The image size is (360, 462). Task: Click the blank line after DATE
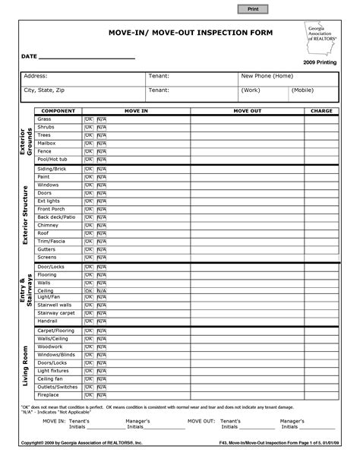pyautogui.click(x=87, y=57)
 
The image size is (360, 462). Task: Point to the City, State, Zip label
pyautogui.click(x=45, y=90)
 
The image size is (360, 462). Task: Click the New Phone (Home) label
pyautogui.click(x=267, y=77)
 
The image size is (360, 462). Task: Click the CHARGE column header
pyautogui.click(x=323, y=111)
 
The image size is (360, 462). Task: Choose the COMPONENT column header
pyautogui.click(x=57, y=111)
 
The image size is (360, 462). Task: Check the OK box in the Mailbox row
pyautogui.click(x=89, y=143)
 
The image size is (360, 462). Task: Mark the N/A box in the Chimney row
pyautogui.click(x=101, y=226)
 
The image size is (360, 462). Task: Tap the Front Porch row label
pyautogui.click(x=53, y=209)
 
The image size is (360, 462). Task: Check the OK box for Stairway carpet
pyautogui.click(x=89, y=312)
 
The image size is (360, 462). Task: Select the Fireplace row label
pyautogui.click(x=49, y=395)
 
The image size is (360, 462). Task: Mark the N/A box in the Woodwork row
pyautogui.click(x=101, y=346)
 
